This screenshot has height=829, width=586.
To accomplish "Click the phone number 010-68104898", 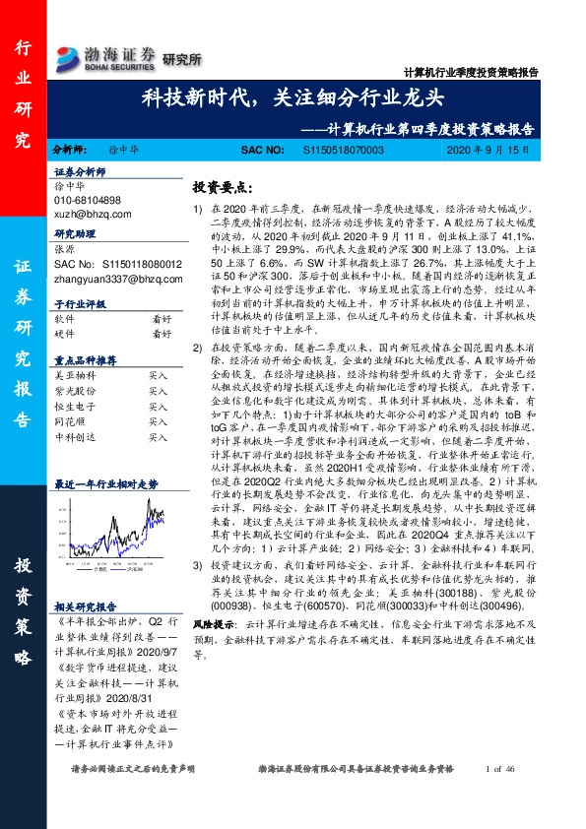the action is [88, 200].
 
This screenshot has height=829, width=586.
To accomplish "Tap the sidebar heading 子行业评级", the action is [78, 305].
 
